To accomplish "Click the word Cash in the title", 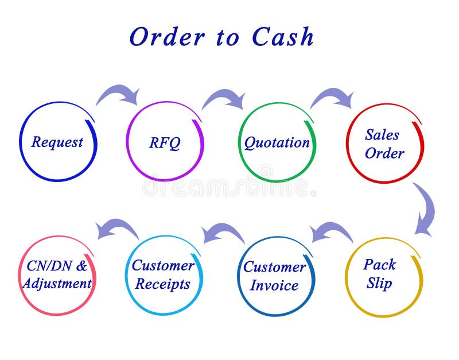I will point(283,37).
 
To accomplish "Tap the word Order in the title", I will point(167,37).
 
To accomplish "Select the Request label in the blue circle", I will point(57,142).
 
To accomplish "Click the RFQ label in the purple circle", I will point(165,142).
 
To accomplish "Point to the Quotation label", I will point(277,142).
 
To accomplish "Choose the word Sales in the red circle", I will point(382,135).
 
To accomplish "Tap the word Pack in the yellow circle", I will point(380,265).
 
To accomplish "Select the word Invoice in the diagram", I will point(274,285).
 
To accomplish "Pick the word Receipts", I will point(163,284).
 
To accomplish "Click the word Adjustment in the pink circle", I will point(57,283).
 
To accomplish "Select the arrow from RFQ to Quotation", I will point(224,98).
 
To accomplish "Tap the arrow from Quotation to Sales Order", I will point(332,97).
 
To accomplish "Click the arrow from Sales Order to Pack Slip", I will point(425,209).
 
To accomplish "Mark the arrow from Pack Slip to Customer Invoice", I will point(331,231).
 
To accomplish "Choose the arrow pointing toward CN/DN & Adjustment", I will point(117,228).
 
